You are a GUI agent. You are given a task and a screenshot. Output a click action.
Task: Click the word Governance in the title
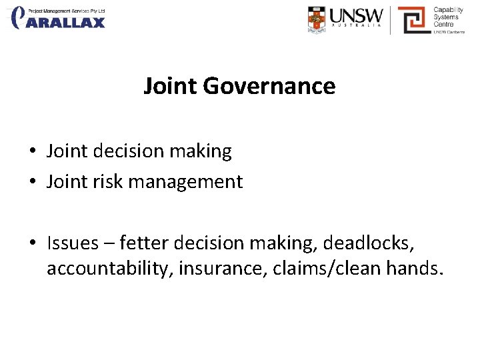[x=269, y=87]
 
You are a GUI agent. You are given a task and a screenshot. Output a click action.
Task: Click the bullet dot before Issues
[x=33, y=243]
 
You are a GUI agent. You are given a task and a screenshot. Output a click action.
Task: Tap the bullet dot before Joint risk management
[x=33, y=182]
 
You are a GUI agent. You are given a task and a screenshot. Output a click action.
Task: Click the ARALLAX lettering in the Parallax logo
[x=69, y=23]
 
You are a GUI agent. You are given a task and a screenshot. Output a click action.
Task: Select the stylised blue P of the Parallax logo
[x=20, y=17]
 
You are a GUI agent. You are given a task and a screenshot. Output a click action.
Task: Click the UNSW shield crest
[x=317, y=19]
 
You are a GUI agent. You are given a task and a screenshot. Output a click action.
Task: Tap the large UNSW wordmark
[x=357, y=15]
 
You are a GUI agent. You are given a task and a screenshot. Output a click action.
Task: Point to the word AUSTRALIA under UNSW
[x=357, y=28]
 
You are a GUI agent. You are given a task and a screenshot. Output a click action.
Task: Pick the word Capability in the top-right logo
[x=448, y=10]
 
